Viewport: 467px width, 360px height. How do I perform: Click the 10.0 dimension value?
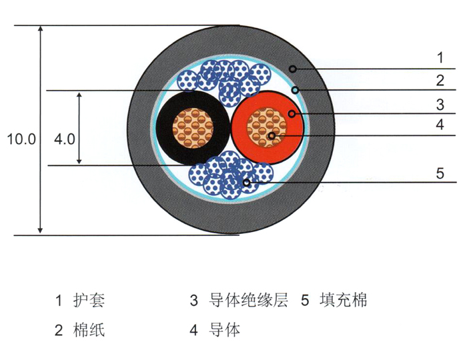[21, 139]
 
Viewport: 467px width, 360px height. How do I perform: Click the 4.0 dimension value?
[64, 139]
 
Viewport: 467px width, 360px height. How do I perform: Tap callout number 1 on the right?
[440, 57]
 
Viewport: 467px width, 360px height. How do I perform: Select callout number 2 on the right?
[440, 81]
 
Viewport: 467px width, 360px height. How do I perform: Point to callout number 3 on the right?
[440, 105]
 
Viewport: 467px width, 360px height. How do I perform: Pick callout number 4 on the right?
[440, 125]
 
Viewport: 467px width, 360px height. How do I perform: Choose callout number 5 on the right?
[440, 173]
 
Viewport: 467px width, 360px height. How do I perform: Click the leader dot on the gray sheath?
[293, 69]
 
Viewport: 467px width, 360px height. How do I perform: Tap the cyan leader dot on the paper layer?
[295, 90]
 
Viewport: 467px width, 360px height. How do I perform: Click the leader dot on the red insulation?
[292, 113]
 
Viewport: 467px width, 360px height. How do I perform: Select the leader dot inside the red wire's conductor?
[272, 136]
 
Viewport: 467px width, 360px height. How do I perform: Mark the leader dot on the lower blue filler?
[246, 183]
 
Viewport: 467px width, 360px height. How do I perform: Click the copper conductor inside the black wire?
[193, 128]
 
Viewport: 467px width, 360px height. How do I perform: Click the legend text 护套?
[89, 300]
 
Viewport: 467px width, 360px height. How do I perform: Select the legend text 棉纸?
[89, 329]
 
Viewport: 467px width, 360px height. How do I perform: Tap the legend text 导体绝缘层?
[248, 300]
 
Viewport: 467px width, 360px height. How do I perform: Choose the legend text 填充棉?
[344, 300]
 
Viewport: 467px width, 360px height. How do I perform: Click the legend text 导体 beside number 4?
[225, 329]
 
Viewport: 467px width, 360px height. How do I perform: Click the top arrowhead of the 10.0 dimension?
[41, 29]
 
